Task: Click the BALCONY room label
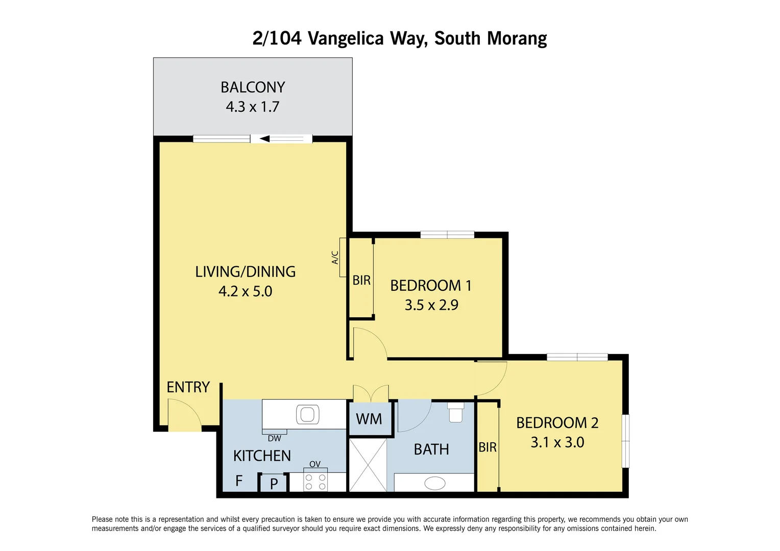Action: click(253, 87)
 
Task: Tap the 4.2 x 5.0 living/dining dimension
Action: click(245, 291)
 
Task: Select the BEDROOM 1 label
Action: click(431, 286)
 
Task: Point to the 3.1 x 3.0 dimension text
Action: click(557, 442)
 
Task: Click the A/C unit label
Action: click(335, 258)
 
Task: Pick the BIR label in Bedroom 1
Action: click(361, 280)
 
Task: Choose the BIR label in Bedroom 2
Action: click(487, 447)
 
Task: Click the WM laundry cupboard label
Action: click(369, 419)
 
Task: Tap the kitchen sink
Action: click(307, 414)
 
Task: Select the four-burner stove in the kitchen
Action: click(315, 482)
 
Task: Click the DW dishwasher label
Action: click(274, 438)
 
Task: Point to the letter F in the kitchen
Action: click(239, 481)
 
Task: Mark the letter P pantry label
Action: click(274, 484)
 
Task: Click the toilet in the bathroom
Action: click(456, 412)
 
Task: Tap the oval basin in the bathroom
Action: click(435, 483)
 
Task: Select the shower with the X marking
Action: click(368, 465)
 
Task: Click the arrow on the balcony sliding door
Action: click(265, 139)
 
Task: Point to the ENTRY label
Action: click(188, 387)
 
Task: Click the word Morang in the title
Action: click(517, 38)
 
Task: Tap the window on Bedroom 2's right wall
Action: click(625, 441)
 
